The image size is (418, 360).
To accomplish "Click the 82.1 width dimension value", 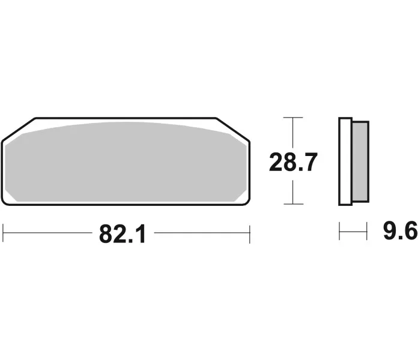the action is click(x=123, y=234).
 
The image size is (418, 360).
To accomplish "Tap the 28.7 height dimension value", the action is click(x=293, y=162).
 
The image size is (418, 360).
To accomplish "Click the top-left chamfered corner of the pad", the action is click(x=19, y=129).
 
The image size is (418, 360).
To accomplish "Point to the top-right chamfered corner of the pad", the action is click(x=232, y=129).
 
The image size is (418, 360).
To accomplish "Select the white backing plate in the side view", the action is click(x=345, y=161).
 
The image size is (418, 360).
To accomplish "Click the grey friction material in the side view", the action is click(x=360, y=161).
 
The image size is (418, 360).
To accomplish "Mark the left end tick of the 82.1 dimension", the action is click(x=3, y=233).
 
